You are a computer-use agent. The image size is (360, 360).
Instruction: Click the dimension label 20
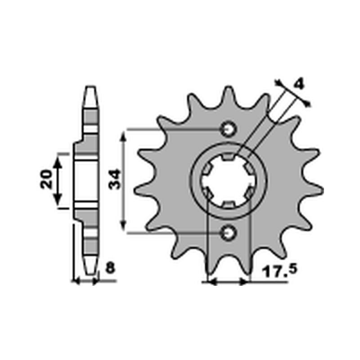tap(47, 180)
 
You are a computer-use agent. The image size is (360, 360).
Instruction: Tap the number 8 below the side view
tap(110, 269)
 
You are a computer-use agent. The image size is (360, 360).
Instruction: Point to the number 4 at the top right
tap(298, 84)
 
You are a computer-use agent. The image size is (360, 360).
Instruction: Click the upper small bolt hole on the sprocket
tap(228, 130)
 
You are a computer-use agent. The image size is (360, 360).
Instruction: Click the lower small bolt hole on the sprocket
tap(228, 232)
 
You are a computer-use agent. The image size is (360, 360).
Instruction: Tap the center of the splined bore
tap(228, 181)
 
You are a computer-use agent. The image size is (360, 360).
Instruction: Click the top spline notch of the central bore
tap(228, 156)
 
